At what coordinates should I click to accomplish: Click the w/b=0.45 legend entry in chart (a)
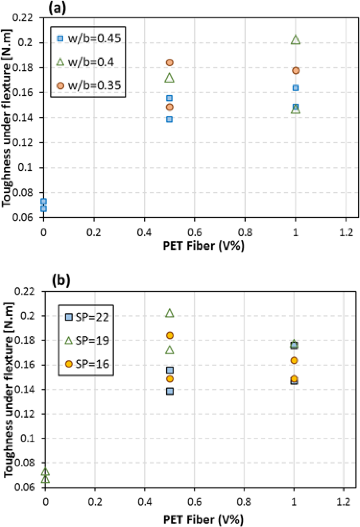point(89,38)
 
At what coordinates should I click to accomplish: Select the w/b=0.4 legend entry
point(86,62)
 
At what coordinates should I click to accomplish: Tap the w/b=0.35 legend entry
point(89,85)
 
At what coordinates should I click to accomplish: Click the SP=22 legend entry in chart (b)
point(88,317)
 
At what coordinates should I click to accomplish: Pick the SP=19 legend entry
point(88,340)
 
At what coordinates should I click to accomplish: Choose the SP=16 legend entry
point(88,364)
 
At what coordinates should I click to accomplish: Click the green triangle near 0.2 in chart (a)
point(295,40)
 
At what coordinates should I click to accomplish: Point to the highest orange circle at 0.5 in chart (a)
point(170,62)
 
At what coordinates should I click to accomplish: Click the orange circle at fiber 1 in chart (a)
point(295,71)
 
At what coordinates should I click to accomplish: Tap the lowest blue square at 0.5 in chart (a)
point(169,119)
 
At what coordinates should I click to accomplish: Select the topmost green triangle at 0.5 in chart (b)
point(170,313)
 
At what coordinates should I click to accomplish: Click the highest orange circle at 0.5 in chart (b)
point(170,335)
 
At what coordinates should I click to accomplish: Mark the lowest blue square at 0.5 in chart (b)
point(170,391)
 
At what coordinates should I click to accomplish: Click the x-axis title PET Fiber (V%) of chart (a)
point(204,246)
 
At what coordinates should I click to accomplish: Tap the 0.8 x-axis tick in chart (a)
point(245,232)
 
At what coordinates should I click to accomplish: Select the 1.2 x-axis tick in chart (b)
point(343,502)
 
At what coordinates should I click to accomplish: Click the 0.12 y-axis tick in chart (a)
point(22,143)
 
